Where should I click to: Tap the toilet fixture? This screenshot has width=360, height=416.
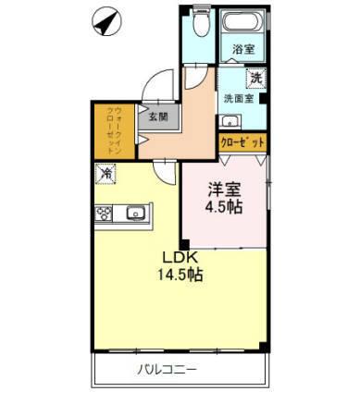pos(195,25)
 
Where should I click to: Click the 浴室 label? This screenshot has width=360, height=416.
pos(243,50)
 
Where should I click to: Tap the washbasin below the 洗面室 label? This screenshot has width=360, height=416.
pos(231,121)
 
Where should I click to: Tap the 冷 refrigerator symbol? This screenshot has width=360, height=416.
pos(107,172)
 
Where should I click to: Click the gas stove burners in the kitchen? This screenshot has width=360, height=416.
pos(104,212)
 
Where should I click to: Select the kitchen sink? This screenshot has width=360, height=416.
pos(135,212)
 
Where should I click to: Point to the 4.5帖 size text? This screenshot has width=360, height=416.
pos(223,207)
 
